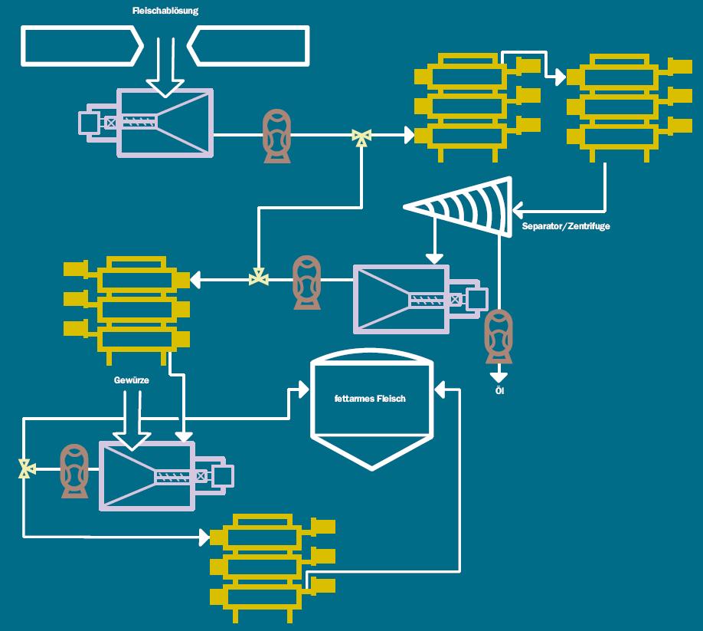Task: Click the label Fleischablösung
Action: [x=165, y=12]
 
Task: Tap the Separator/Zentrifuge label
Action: [x=566, y=227]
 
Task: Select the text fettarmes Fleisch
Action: [x=371, y=399]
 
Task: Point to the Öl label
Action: [x=499, y=392]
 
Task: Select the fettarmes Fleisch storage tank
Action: [x=371, y=410]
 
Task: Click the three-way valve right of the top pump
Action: [x=361, y=136]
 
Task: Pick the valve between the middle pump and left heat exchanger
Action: [x=259, y=278]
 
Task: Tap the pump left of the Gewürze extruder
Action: [x=74, y=470]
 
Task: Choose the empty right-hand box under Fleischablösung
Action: [x=249, y=46]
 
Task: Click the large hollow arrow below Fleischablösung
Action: [x=165, y=65]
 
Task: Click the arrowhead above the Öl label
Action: [x=499, y=376]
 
